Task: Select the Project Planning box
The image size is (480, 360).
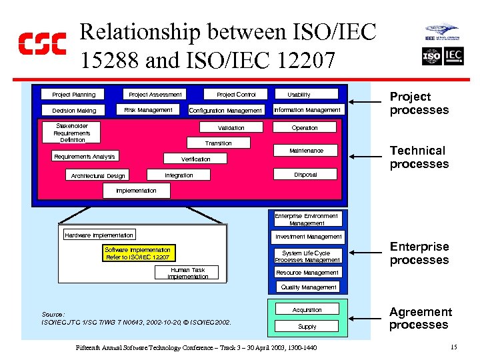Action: click(x=74, y=95)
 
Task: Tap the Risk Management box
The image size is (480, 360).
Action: click(x=148, y=110)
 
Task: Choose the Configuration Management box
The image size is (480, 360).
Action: click(x=226, y=111)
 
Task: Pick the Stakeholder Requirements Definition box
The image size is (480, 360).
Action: click(x=72, y=133)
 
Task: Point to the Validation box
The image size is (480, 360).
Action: click(x=231, y=128)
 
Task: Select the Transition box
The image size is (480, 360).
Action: click(x=219, y=143)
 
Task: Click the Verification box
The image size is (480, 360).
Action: click(x=196, y=159)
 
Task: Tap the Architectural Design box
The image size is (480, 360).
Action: click(x=97, y=176)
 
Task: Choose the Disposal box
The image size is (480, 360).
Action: click(x=305, y=175)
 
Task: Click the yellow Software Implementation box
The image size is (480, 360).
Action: click(x=138, y=253)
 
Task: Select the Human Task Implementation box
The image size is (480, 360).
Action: click(x=187, y=273)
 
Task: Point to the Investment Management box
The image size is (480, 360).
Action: click(x=309, y=237)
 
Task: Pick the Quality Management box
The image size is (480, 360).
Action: click(x=309, y=287)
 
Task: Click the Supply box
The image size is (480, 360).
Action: click(x=307, y=327)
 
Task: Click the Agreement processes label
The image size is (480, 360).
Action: click(x=420, y=318)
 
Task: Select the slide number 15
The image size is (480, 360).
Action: click(x=453, y=347)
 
